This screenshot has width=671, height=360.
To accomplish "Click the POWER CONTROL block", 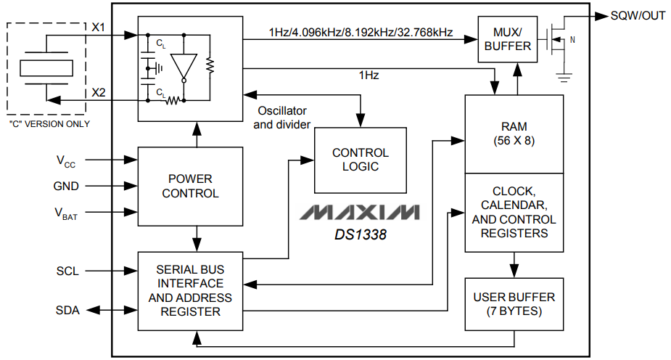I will point(190,186).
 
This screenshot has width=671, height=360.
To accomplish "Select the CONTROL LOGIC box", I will point(360,160).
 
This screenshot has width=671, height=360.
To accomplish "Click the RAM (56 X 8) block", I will point(514,134).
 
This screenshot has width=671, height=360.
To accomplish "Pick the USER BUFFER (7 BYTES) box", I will point(514,304).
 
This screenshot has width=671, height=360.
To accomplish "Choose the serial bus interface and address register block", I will point(190,290).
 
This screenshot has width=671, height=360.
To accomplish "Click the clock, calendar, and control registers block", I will point(514,213).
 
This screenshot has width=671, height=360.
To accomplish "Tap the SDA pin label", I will point(67,311).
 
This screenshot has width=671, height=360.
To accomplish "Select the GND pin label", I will point(66,186).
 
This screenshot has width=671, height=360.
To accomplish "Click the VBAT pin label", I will point(66,213).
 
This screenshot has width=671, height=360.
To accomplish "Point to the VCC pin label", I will point(66,160).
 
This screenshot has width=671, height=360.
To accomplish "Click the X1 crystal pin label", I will point(99,27).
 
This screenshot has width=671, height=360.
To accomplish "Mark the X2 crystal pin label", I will point(99,92).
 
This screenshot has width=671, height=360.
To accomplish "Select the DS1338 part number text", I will point(361,234).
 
